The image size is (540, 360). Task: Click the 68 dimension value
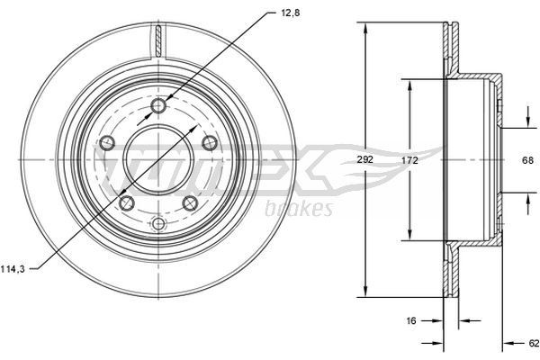[529, 160]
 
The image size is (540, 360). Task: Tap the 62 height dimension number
[533, 343]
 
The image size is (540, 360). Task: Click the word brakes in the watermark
[300, 209]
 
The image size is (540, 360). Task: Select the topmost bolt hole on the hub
[159, 106]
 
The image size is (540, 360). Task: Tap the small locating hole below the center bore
[159, 222]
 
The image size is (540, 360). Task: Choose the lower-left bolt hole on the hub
[127, 203]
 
